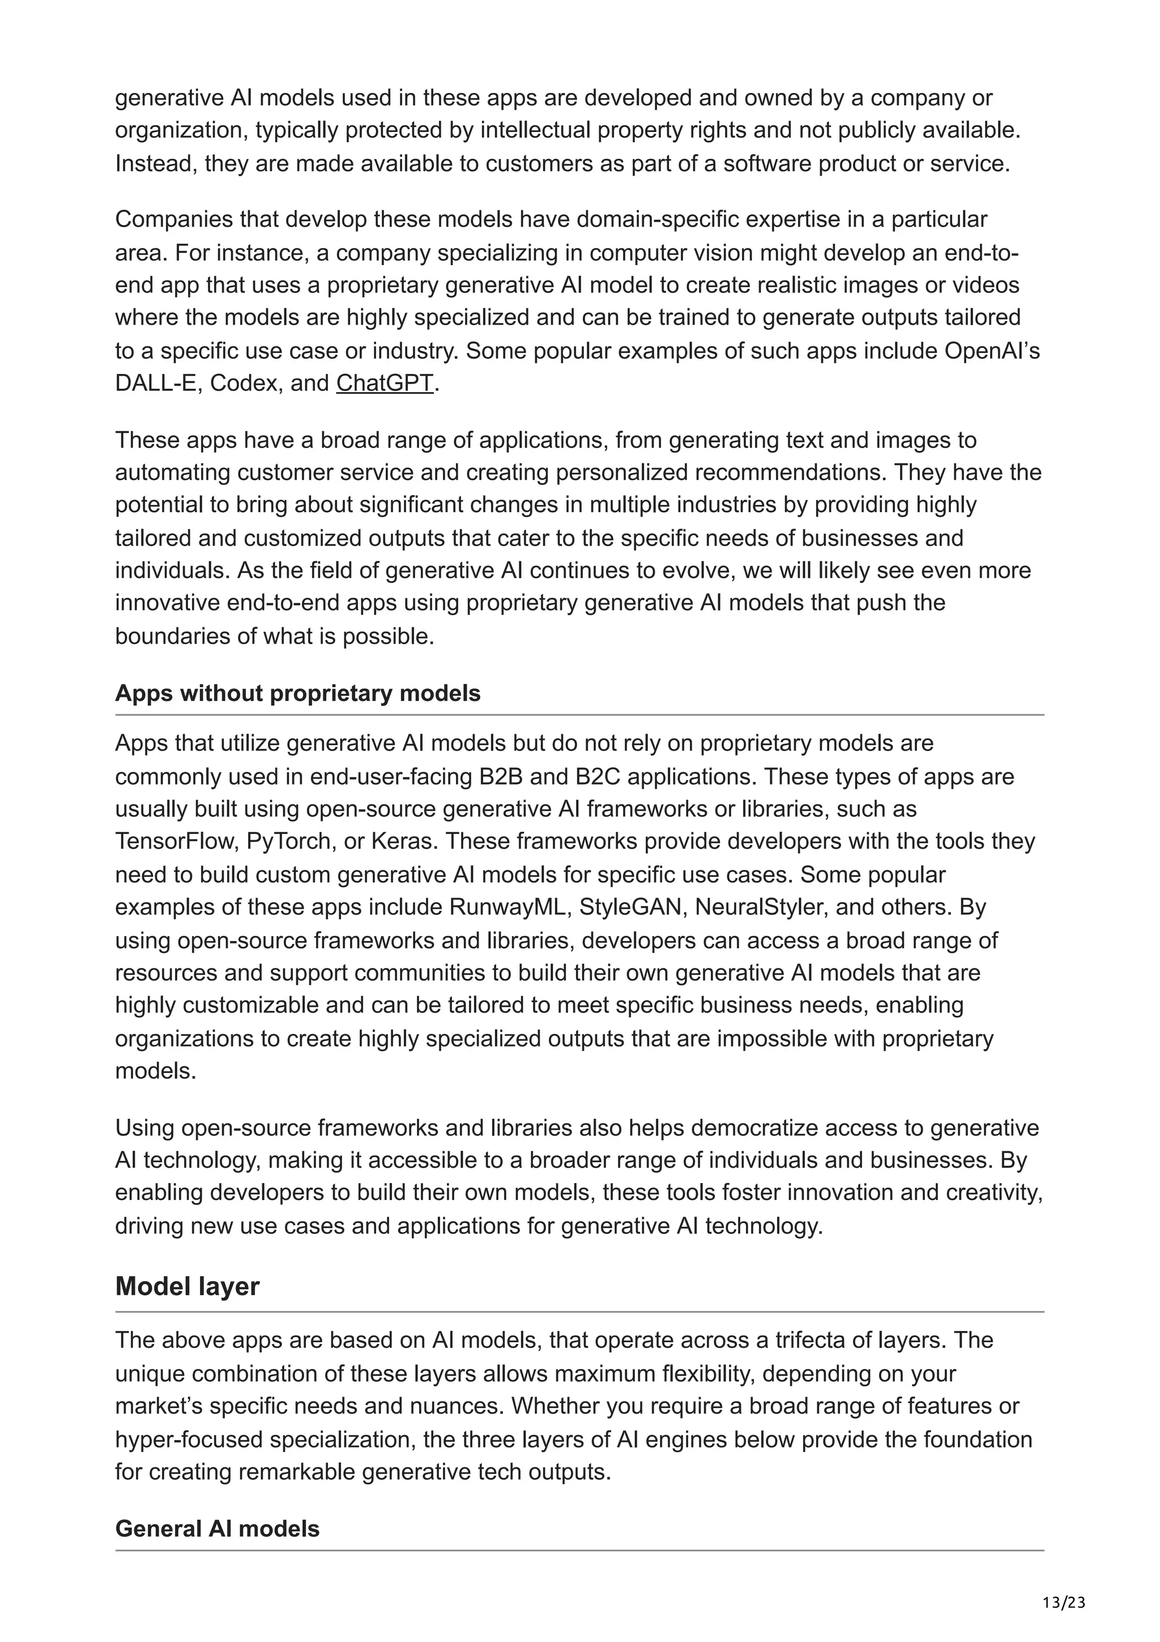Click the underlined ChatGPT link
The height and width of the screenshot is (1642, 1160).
click(x=385, y=384)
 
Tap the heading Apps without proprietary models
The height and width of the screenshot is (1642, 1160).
click(x=297, y=693)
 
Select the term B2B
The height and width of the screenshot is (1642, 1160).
click(x=501, y=777)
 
